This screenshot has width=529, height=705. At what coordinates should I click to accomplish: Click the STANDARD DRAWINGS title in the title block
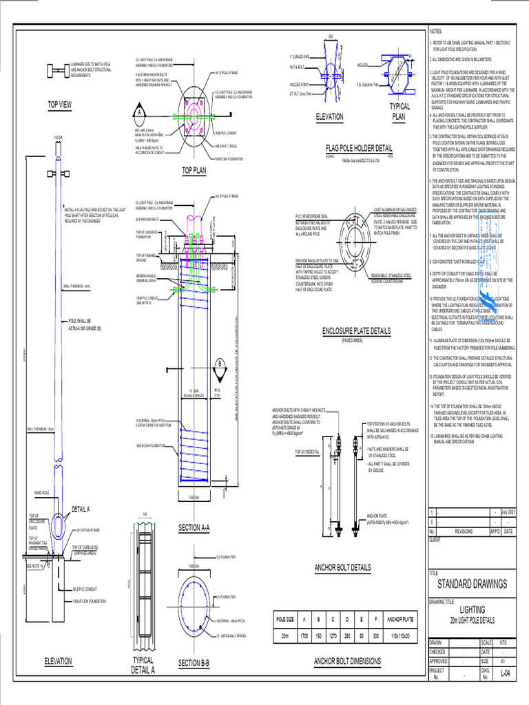point(472,584)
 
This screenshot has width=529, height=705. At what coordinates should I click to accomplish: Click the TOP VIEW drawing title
point(59,105)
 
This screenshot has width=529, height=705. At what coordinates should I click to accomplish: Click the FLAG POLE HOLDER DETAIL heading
point(359,147)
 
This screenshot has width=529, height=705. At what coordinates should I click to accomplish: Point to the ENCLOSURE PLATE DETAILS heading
point(356,331)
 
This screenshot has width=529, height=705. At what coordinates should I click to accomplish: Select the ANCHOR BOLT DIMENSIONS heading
point(347,661)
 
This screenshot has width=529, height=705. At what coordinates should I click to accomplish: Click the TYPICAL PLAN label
point(400,112)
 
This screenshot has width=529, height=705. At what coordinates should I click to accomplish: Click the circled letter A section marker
point(140,112)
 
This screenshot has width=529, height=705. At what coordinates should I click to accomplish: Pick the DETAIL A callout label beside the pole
point(81,509)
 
